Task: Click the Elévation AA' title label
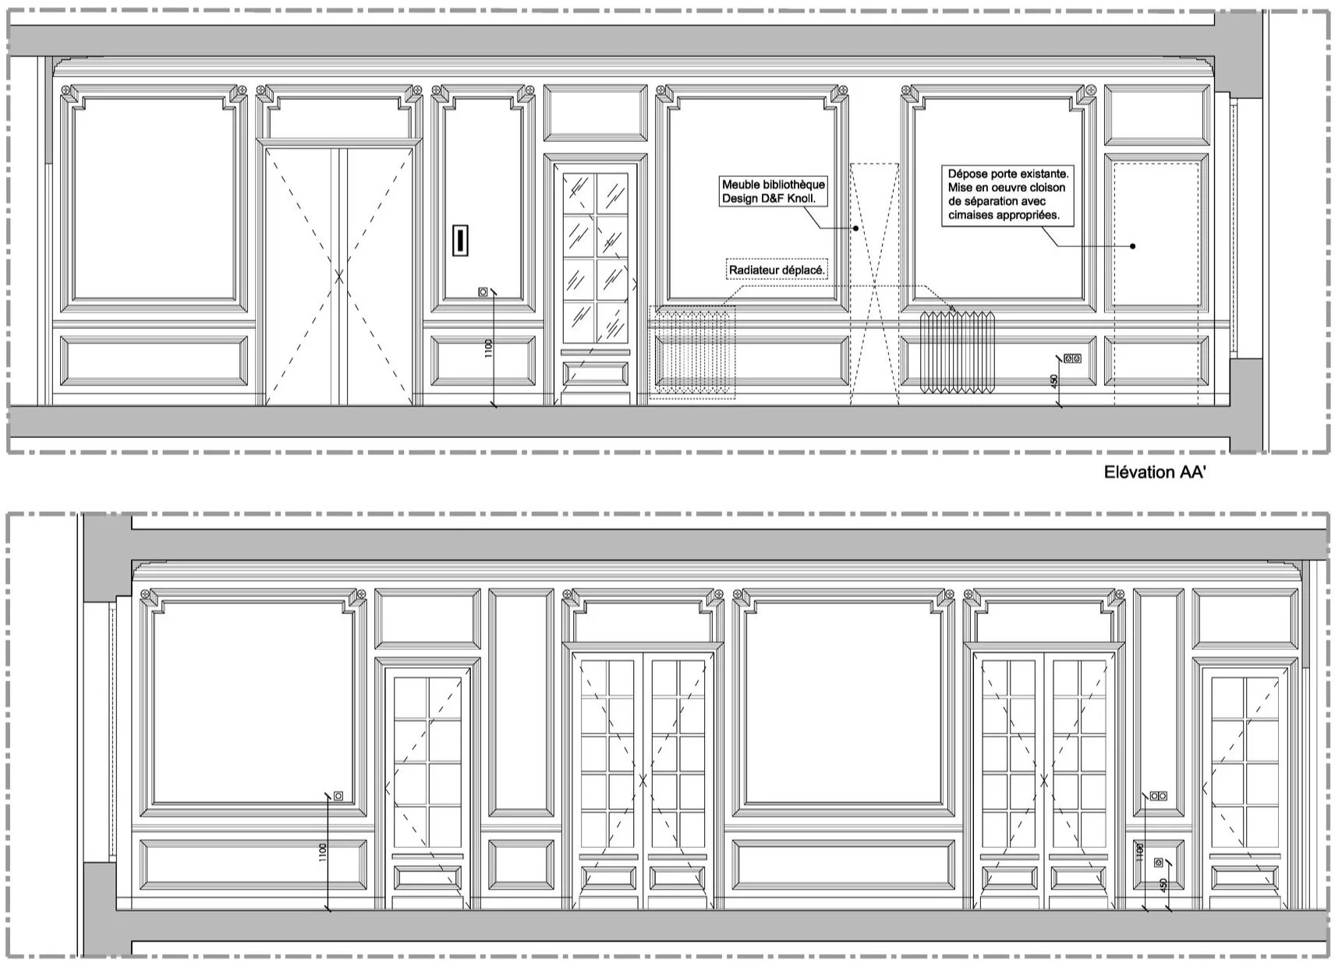pos(1155,472)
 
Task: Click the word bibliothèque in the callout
pos(792,185)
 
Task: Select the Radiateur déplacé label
pos(777,270)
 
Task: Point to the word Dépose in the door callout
pos(968,174)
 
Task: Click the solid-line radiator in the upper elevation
pos(958,351)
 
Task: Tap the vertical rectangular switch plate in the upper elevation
pos(461,240)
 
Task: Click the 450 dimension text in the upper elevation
pos(1054,382)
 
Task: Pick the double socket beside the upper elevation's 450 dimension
pos(1072,359)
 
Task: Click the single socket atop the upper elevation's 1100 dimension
pos(483,291)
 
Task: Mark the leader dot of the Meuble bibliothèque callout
pos(855,228)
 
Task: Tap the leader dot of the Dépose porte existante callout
pos(1133,246)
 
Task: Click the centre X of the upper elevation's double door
pos(339,276)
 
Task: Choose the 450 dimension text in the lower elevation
pos(1163,886)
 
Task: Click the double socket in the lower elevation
pos(1159,796)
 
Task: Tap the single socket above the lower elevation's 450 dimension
pos(1158,863)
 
